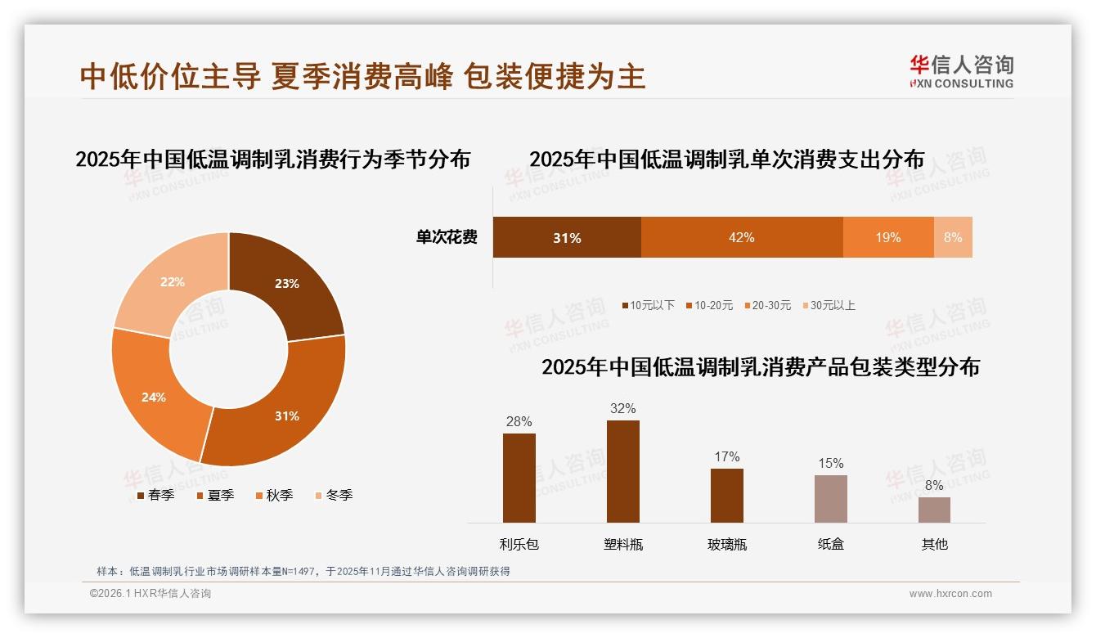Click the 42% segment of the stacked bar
[742, 237]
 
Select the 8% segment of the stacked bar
[953, 237]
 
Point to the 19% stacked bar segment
[888, 237]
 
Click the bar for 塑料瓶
[622, 471]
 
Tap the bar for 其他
[934, 510]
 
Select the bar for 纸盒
[830, 498]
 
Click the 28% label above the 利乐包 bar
[519, 421]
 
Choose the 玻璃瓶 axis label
[727, 544]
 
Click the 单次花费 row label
[447, 237]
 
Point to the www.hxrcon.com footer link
[950, 594]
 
